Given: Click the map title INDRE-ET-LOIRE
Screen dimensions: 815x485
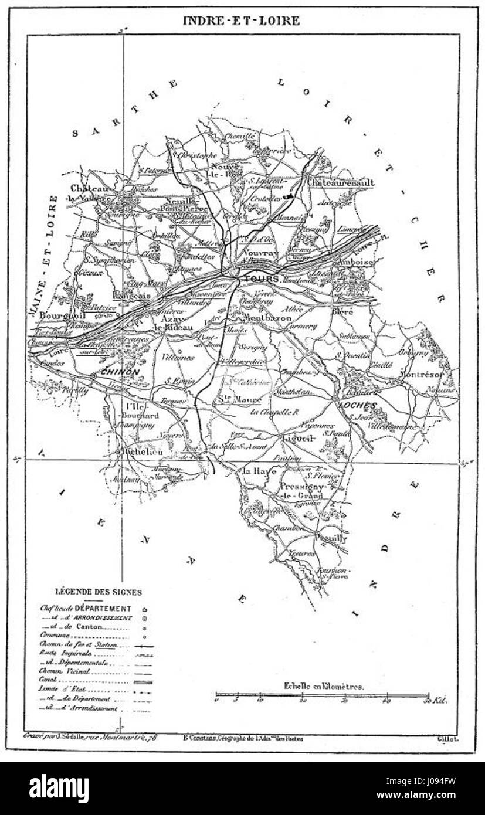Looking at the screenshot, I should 241,21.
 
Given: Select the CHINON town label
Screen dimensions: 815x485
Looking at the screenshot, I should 120,372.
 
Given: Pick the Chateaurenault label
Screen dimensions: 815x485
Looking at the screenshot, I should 341,183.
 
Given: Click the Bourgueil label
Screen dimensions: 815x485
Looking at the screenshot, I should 55,315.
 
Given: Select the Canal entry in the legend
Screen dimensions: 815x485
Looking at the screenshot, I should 48,680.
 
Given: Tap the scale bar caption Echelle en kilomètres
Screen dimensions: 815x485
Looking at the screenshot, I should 324,685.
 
